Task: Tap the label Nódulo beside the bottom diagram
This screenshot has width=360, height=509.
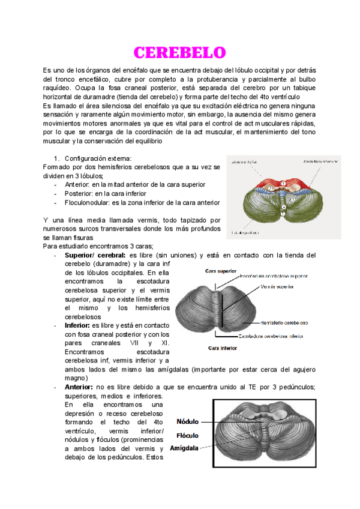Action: [x=187, y=422]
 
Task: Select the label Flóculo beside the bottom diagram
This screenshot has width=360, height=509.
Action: [x=187, y=435]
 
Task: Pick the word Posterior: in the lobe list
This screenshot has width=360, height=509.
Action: [x=80, y=194]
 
